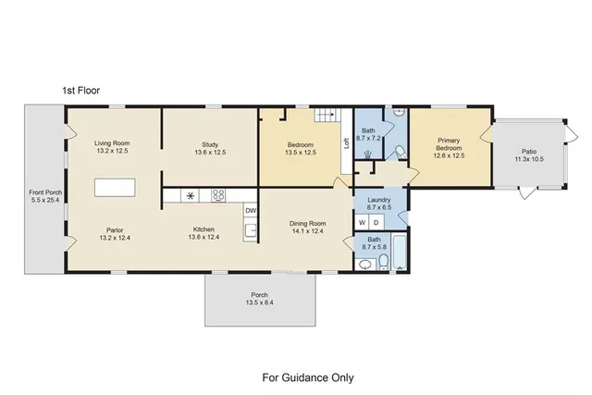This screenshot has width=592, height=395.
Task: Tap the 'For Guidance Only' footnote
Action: [308, 377]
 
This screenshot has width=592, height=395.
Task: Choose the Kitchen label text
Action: [204, 234]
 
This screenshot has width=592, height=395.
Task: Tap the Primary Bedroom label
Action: [449, 148]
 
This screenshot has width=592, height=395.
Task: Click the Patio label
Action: [528, 154]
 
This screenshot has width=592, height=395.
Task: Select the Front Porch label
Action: [43, 195]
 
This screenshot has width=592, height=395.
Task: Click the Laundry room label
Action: [379, 204]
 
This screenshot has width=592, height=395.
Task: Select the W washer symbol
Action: [363, 223]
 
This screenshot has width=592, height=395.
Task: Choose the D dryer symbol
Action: [376, 223]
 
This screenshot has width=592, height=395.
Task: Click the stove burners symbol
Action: [219, 195]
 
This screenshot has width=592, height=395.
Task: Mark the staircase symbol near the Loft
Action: [326, 117]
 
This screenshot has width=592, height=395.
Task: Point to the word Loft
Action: [347, 143]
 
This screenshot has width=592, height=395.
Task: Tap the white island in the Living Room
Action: [116, 187]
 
